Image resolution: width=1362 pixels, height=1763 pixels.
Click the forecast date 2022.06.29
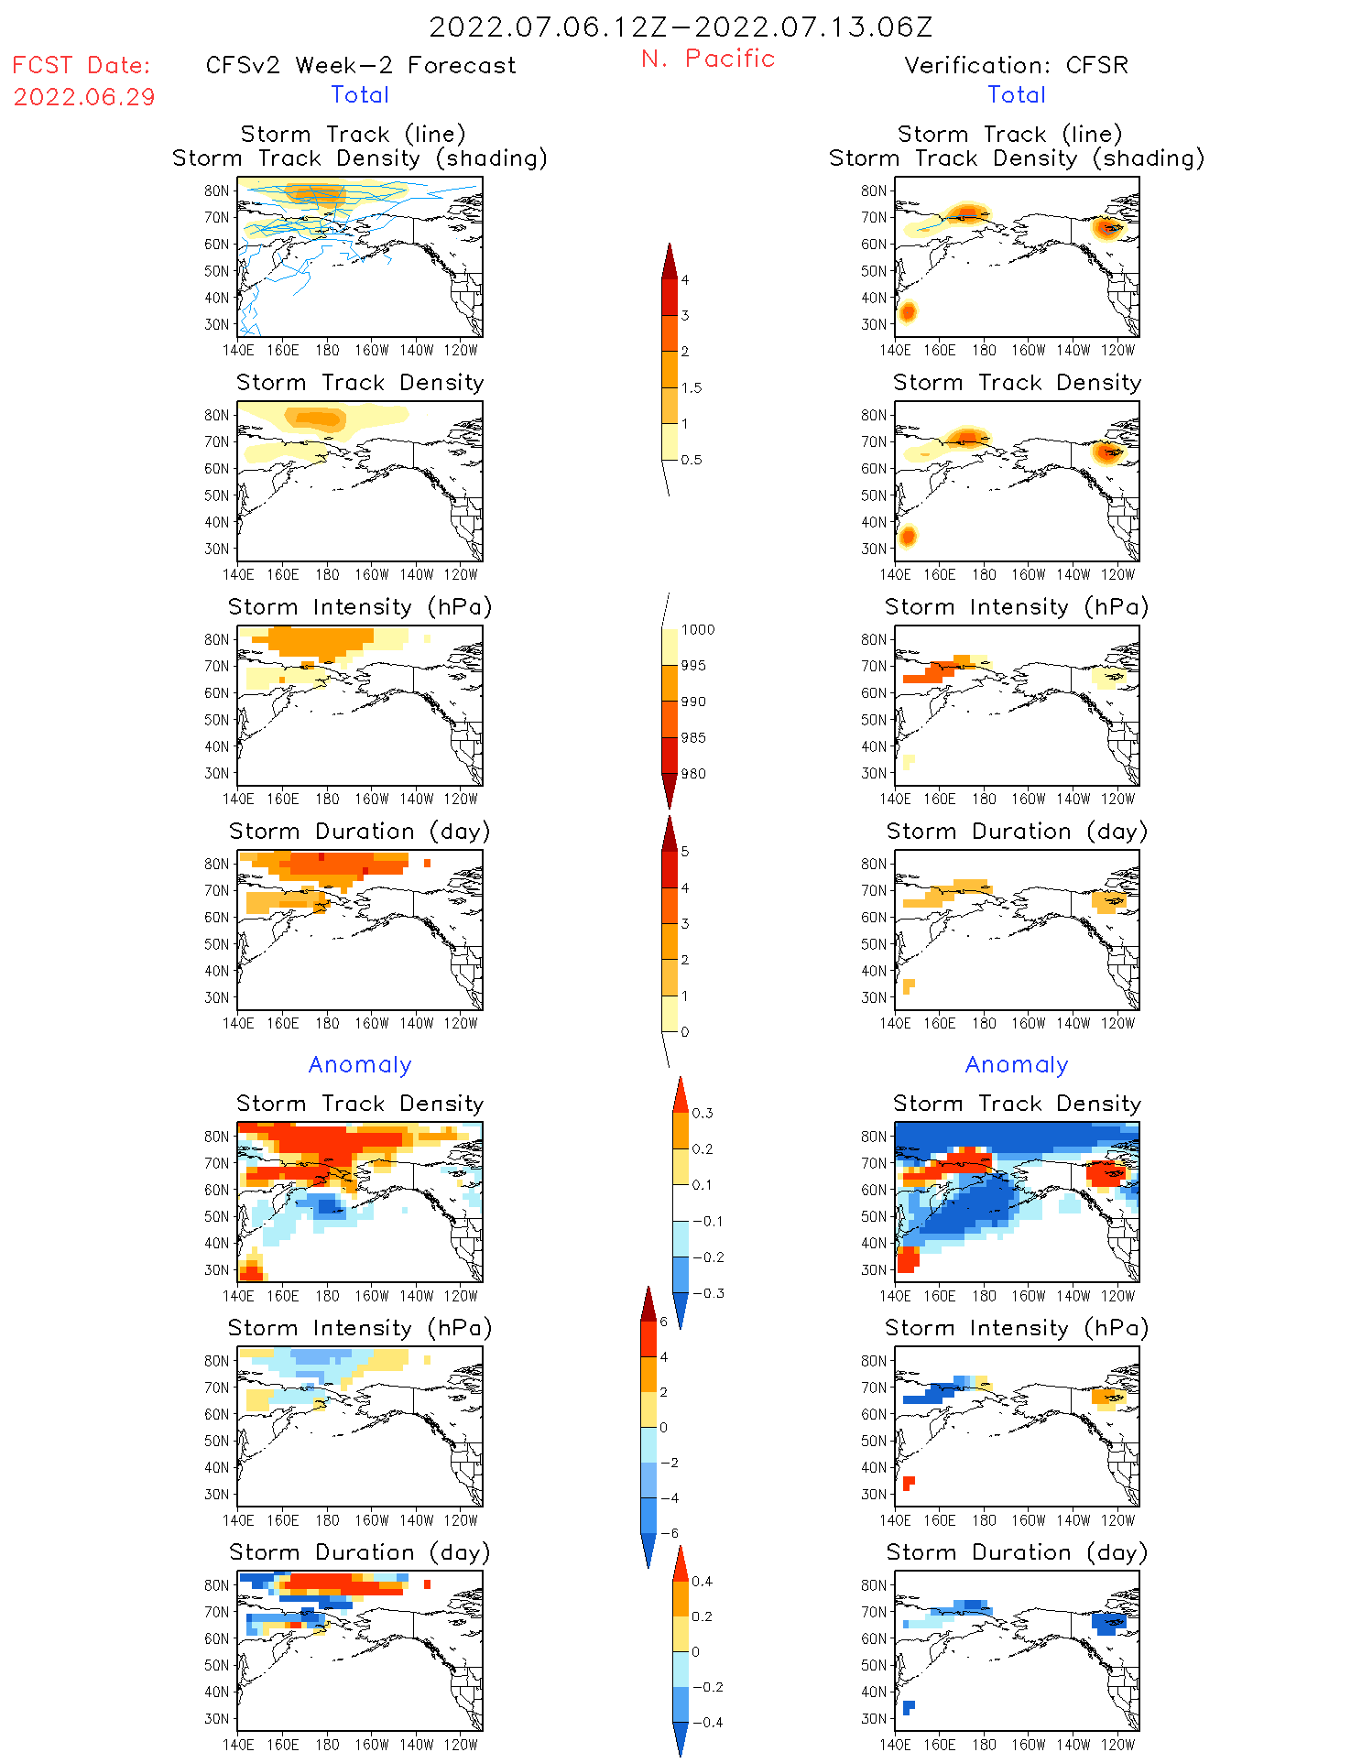pyautogui.click(x=84, y=97)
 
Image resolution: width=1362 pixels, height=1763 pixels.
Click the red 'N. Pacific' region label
pyautogui.click(x=708, y=59)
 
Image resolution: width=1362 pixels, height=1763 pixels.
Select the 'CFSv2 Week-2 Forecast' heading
pyautogui.click(x=361, y=66)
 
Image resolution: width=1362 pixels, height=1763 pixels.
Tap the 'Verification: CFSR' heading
pyautogui.click(x=1016, y=66)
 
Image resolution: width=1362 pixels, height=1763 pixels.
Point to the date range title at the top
pyautogui.click(x=681, y=27)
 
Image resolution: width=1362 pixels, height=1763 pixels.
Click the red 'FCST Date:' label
pyautogui.click(x=81, y=66)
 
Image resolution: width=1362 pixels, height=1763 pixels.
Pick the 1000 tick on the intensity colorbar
pyautogui.click(x=697, y=630)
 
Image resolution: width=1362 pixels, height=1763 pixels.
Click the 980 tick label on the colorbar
pyautogui.click(x=693, y=774)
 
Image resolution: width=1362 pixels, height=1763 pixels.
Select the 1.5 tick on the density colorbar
pyautogui.click(x=692, y=388)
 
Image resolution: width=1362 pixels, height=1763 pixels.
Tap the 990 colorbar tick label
pyautogui.click(x=693, y=702)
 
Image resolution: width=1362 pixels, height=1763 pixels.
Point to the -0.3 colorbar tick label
pyautogui.click(x=707, y=1293)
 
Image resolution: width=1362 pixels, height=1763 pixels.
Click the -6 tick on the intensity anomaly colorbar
pyautogui.click(x=670, y=1533)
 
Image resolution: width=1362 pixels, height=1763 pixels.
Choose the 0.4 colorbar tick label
pyautogui.click(x=702, y=1582)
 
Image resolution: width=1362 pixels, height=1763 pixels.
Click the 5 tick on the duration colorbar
pyautogui.click(x=685, y=852)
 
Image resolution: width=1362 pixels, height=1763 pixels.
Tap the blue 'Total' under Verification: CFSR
pyautogui.click(x=1016, y=95)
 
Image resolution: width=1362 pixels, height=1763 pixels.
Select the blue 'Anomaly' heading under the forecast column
pyautogui.click(x=360, y=1065)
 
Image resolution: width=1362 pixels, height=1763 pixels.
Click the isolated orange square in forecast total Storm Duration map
pyautogui.click(x=427, y=863)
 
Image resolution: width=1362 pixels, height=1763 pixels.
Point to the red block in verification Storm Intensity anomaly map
pyautogui.click(x=909, y=1483)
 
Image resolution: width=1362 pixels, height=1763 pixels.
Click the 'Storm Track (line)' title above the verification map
pyautogui.click(x=1009, y=135)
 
